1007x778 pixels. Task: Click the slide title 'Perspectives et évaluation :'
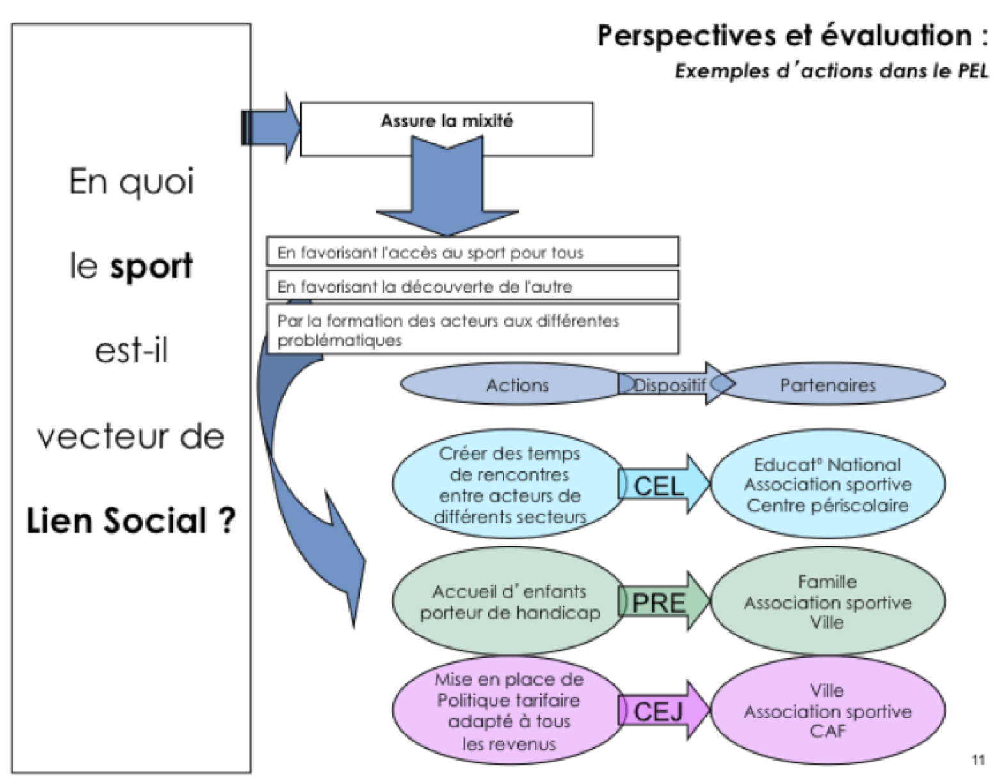792,36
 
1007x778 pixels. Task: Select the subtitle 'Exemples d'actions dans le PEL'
831,70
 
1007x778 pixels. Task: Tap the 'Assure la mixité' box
446,122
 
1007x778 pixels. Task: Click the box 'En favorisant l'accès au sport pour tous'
472,252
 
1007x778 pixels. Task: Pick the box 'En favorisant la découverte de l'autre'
472,286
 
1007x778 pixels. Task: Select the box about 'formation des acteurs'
472,330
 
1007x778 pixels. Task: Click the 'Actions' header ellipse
517,385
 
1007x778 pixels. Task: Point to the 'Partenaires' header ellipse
827,385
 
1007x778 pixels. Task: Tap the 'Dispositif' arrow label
670,384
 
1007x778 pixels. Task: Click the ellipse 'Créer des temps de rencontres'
509,485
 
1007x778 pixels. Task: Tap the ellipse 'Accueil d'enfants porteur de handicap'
509,601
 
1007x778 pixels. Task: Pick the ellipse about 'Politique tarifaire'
509,711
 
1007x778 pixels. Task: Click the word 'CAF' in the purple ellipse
827,731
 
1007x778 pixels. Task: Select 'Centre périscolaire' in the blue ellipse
827,505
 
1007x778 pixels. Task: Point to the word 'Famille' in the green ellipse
827,581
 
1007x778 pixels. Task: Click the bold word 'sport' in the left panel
151,266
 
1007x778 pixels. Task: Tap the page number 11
978,760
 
